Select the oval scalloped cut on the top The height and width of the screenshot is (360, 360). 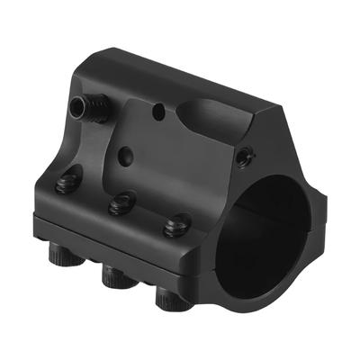point(210,116)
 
